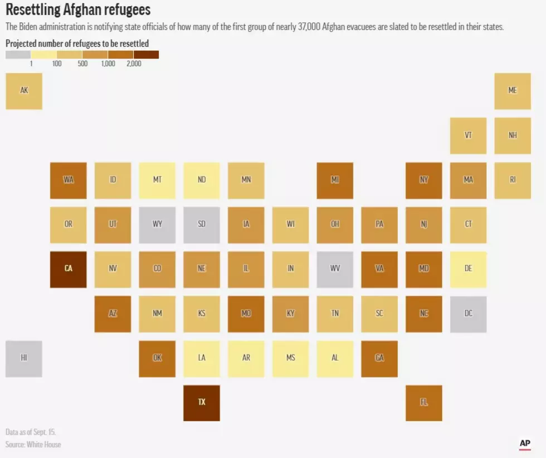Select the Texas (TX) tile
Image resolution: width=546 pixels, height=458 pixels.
coord(202,403)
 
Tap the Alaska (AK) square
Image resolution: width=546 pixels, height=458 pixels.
coord(24,91)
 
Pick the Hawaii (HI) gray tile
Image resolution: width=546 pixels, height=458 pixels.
coord(24,359)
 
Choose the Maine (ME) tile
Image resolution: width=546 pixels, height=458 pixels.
coord(513,91)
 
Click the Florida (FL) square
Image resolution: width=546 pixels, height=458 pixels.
coord(424,403)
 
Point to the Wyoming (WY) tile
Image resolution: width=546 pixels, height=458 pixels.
coord(157,225)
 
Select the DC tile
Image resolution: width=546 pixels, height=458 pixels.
coord(469,314)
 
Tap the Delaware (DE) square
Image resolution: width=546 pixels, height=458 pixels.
coord(469,269)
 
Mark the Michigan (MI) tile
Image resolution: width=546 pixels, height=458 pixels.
coord(335,180)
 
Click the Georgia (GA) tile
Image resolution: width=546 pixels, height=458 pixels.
coord(379,359)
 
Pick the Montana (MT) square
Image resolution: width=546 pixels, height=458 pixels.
coord(157,180)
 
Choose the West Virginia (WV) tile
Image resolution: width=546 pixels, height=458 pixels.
coord(335,269)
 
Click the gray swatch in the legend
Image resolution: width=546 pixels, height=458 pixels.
coord(18,55)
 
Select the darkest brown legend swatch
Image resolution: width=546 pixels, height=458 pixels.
coord(146,55)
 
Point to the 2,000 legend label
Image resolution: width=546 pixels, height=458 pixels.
coord(134,63)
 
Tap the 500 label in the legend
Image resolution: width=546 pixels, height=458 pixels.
coord(82,63)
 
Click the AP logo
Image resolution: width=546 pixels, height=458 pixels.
coord(525,444)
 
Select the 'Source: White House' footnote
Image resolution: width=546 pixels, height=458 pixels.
coord(33,445)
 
